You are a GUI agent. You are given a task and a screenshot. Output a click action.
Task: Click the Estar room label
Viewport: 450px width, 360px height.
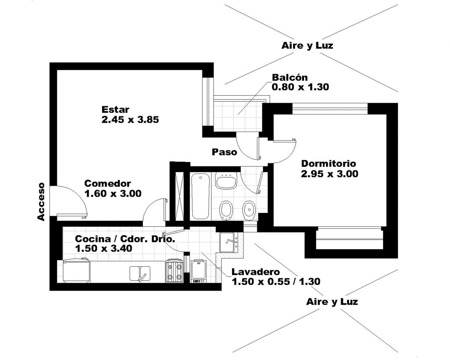tap(115, 110)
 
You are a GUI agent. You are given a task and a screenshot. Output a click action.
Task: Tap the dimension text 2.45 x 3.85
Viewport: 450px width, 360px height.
tap(130, 120)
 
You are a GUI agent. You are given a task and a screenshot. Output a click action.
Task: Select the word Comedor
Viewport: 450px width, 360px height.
tap(108, 184)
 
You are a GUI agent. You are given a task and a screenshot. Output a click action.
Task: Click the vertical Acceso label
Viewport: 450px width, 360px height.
tap(41, 202)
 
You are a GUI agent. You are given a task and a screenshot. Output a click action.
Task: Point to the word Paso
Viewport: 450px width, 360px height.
tap(224, 152)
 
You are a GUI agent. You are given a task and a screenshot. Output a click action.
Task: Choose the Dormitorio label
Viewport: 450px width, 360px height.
tap(329, 164)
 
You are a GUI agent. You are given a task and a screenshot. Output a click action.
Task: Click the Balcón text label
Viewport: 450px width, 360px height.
tap(290, 78)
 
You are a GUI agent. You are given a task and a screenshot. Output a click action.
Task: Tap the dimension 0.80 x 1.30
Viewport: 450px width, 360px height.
tap(300, 87)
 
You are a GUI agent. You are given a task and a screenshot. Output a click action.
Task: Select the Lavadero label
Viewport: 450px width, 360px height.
tap(256, 272)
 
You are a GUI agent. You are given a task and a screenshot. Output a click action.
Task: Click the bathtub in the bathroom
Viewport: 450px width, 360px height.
tap(200, 196)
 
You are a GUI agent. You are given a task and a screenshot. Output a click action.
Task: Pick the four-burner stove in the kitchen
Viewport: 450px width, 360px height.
tap(175, 271)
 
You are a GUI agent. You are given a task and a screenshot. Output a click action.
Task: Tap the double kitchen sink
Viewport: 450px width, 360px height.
tap(140, 274)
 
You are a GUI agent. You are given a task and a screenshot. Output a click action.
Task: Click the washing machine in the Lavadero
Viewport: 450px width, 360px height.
tap(198, 271)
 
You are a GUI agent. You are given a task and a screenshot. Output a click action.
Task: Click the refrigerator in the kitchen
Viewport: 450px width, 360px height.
tap(76, 270)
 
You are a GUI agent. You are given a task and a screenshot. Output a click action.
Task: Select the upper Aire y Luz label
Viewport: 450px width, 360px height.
tap(307, 46)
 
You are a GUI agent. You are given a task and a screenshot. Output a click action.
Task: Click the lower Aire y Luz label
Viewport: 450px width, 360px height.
tap(332, 302)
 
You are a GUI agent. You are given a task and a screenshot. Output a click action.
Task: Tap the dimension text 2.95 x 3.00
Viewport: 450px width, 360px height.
tap(330, 174)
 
